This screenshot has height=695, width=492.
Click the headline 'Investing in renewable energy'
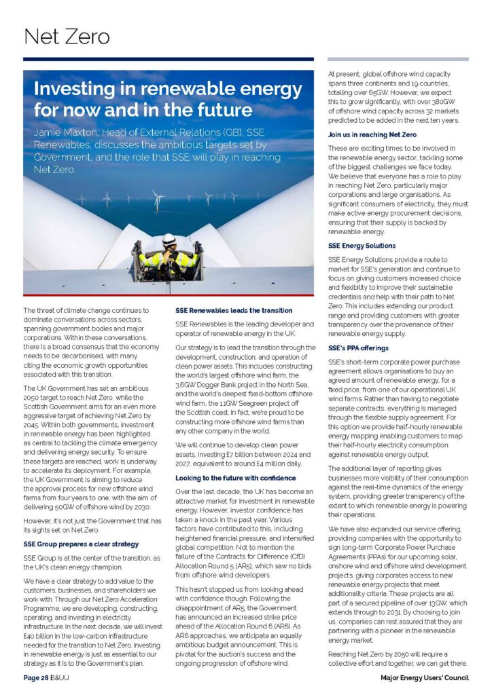click(x=168, y=89)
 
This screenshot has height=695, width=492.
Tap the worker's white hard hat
click(x=169, y=240)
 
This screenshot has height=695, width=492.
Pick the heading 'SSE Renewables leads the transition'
click(x=234, y=310)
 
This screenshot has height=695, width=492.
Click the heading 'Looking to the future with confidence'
click(x=236, y=478)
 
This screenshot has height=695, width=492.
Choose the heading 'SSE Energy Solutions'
click(x=362, y=246)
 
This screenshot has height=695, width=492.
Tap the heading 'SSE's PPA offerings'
click(x=359, y=347)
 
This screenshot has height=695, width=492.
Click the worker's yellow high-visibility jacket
click(x=168, y=259)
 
